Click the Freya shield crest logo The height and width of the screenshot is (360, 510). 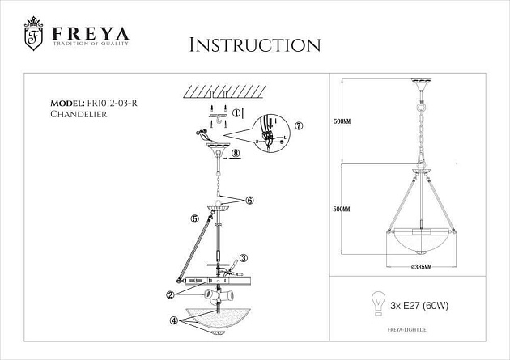tap(34, 36)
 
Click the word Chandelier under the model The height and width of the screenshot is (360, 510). tap(79, 115)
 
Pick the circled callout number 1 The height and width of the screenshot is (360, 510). tap(236, 114)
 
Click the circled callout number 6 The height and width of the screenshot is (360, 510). tap(249, 200)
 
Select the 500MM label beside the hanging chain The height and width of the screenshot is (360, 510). tap(342, 122)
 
